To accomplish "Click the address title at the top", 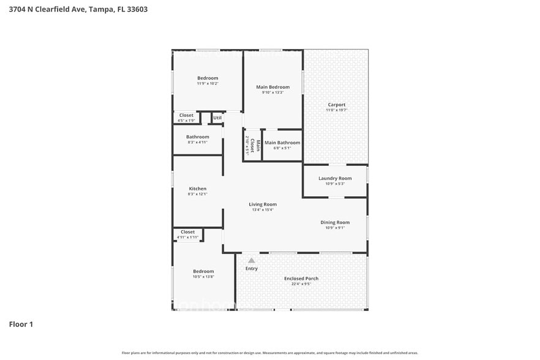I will (78, 9).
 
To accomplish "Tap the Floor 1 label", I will (21, 324).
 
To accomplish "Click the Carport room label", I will (336, 105).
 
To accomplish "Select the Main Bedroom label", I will (272, 87).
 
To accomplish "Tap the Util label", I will (217, 118).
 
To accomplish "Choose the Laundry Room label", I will (335, 178).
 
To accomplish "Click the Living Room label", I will (262, 204).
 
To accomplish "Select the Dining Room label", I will (335, 222).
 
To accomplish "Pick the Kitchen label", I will (197, 189).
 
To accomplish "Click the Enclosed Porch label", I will (301, 279).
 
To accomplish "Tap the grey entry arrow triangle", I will (251, 260).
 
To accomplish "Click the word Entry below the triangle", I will (252, 268).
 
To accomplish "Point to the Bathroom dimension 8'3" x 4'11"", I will (198, 142).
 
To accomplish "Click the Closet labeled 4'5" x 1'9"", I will (186, 118).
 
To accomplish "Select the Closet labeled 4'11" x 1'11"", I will (188, 234).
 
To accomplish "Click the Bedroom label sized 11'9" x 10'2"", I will (208, 80).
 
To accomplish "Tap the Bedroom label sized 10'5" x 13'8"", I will (203, 274).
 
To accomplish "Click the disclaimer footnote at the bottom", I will (270, 353).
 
